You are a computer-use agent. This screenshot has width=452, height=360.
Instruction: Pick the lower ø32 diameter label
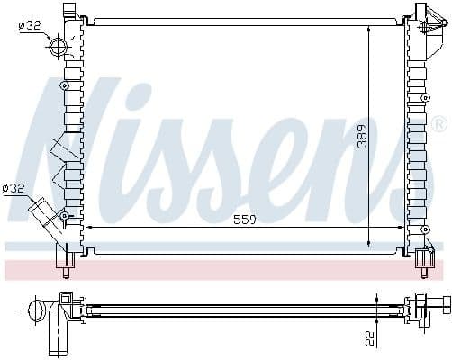pyautogui.click(x=15, y=187)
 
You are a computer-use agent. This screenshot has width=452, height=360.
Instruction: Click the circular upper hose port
pyautogui.click(x=59, y=47)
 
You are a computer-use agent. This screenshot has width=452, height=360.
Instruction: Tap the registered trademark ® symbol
pyautogui.click(x=438, y=123)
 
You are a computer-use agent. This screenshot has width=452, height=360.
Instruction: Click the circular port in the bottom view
pyautogui.click(x=39, y=311)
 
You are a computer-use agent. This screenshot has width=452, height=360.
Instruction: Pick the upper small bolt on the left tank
pyautogui.click(x=64, y=85)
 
